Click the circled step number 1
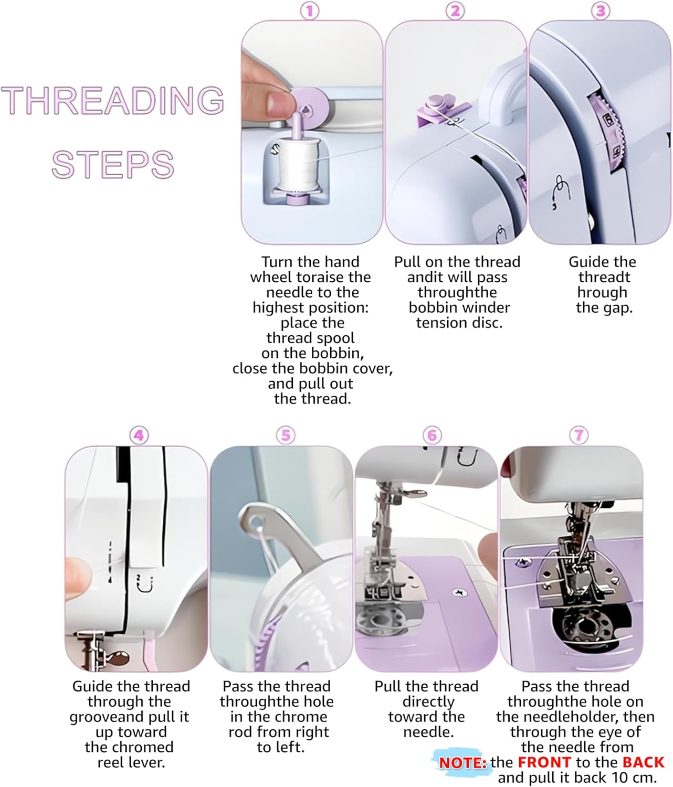[x=310, y=10]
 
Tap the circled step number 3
[x=601, y=10]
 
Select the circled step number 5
[x=286, y=435]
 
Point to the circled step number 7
[x=579, y=435]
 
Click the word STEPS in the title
[x=113, y=164]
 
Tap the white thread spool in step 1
[x=295, y=163]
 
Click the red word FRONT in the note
[x=544, y=762]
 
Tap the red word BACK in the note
[x=643, y=762]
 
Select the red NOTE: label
[x=462, y=763]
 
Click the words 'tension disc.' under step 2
[x=459, y=323]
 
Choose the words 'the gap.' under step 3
[x=604, y=307]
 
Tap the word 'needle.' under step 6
[x=428, y=732]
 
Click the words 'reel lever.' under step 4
[x=131, y=762]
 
